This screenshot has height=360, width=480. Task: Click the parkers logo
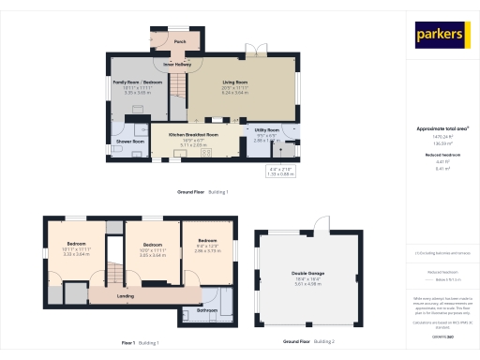coord(441,35)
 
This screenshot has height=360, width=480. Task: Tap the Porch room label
coord(179,42)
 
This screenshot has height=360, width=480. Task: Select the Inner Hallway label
coord(177,64)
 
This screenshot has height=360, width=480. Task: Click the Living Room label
coord(234,82)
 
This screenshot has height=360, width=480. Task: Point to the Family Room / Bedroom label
coord(132,82)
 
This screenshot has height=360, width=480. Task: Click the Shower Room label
coord(129,142)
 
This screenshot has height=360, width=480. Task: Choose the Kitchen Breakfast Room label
coord(193,135)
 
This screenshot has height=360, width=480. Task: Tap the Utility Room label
coord(267,130)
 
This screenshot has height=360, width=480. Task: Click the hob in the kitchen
coord(215,120)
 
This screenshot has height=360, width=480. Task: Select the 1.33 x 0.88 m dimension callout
coord(280,173)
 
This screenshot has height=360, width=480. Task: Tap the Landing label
coord(125,296)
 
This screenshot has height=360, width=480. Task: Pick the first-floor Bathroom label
coord(207,310)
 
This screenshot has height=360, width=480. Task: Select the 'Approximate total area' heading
coord(442,127)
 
